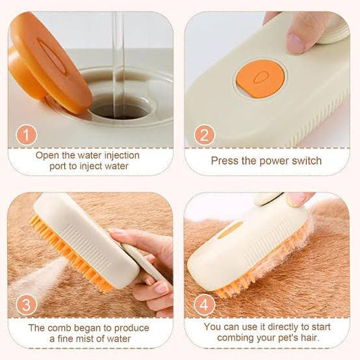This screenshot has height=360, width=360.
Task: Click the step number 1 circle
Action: [26, 135]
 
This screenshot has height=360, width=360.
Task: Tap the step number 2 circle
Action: [204, 135]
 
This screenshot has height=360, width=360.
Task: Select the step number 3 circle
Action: [26, 305]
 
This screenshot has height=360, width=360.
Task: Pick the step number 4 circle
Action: [204, 305]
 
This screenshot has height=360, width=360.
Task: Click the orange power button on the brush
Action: [260, 78]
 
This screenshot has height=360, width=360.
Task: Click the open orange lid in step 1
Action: [47, 63]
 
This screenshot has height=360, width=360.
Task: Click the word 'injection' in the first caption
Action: [122, 156]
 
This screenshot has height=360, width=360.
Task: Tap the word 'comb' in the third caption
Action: [59, 328]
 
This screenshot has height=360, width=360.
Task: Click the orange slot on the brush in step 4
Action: [230, 230]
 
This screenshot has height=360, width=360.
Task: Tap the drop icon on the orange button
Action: [261, 78]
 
